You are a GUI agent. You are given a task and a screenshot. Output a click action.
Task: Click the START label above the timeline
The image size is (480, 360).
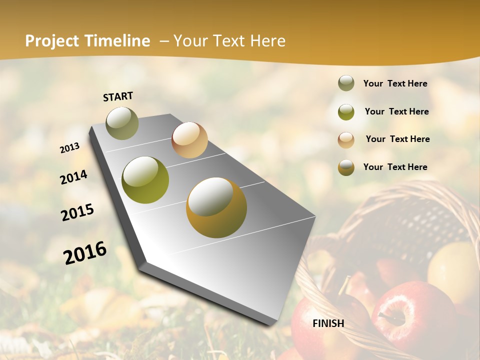point(118,96)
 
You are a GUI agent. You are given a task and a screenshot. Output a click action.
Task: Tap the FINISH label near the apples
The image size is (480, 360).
point(328,323)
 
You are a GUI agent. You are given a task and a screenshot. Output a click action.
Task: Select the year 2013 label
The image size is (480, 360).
point(70,148)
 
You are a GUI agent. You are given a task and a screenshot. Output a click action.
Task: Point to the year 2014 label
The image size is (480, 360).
point(73,177)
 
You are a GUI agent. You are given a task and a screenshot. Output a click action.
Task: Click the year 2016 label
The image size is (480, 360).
point(85,252)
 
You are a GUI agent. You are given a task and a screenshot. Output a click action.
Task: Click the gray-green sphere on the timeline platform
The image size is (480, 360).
point(122,123)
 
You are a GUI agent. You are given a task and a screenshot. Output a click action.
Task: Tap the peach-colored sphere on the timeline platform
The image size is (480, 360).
point(189,140)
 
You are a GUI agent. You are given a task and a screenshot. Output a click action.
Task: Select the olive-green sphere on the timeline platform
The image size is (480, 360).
point(145,179)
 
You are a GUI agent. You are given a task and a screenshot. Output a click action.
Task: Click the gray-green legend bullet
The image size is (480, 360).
point(346,83)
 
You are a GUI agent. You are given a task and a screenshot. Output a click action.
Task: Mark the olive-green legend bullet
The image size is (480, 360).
point(346,111)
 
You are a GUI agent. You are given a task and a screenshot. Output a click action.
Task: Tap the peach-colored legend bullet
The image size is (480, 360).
point(346,139)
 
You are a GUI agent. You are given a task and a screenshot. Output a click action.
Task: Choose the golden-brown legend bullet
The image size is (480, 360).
point(346,167)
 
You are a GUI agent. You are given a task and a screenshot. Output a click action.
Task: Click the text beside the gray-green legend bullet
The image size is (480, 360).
point(395,83)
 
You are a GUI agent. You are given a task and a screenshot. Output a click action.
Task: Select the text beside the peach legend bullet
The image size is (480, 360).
point(397,139)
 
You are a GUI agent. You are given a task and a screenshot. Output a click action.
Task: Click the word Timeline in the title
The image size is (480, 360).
point(117,41)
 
